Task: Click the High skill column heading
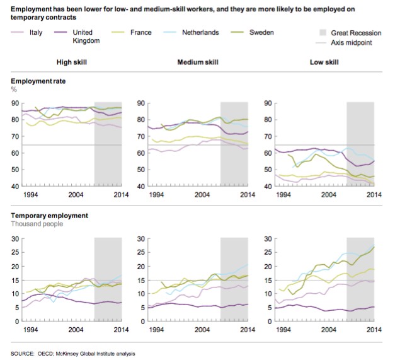pos(72,62)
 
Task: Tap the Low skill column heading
pos(324,62)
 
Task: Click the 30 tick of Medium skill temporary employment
pos(140,238)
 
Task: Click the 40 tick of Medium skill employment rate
pos(140,187)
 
